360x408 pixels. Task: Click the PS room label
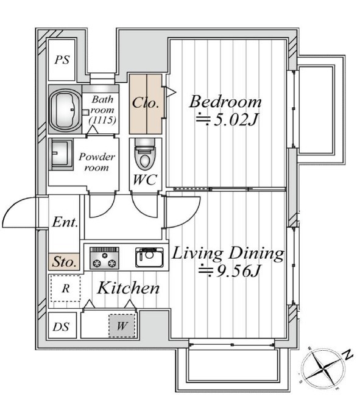[62, 60]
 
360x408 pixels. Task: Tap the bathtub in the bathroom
[65, 110]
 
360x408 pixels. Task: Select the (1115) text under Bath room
[102, 120]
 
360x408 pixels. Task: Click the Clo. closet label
[145, 103]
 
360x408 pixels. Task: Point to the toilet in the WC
[144, 155]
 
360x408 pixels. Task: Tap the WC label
[145, 180]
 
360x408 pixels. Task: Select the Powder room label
[97, 162]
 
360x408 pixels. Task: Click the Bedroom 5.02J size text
[227, 120]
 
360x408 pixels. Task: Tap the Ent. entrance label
[65, 222]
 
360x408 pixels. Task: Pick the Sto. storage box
[64, 261]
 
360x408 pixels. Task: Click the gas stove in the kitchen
[104, 258]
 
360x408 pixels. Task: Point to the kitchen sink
[149, 258]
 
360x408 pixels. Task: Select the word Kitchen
[128, 288]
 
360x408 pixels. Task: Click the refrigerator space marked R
[65, 288]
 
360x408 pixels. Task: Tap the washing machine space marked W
[122, 326]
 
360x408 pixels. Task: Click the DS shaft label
[61, 327]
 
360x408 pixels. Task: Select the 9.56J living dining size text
[229, 271]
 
